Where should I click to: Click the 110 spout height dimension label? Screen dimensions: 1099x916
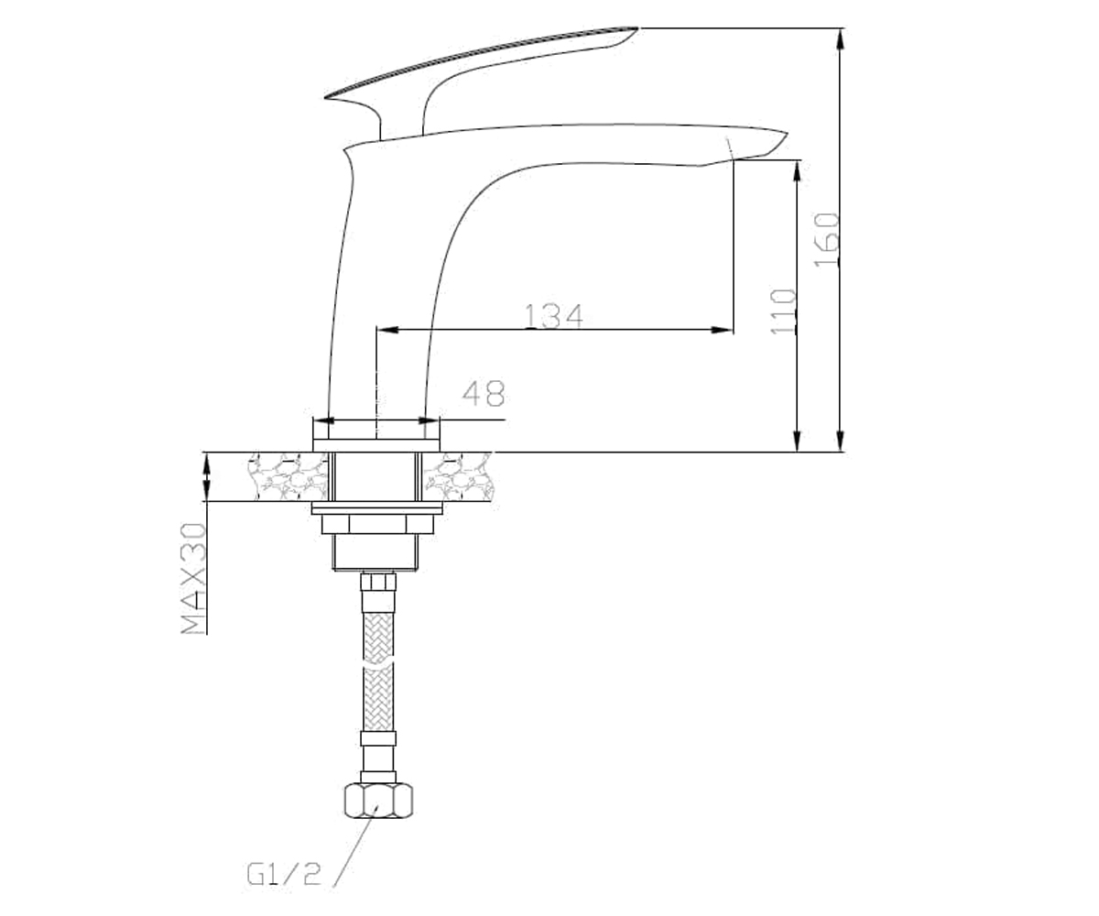[783, 311]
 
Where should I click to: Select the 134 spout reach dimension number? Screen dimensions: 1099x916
[554, 316]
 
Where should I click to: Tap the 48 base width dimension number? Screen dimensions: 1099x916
[484, 393]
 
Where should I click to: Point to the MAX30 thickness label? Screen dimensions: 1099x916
[193, 578]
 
